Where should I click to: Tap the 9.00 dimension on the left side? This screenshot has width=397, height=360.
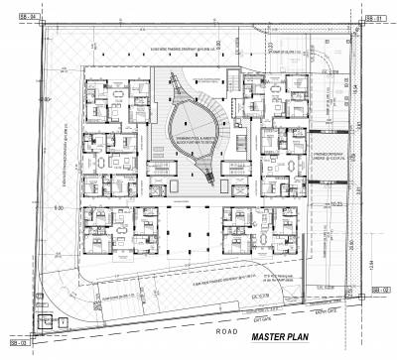point(60,208)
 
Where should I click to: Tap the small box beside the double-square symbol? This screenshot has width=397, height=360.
point(62,322)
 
